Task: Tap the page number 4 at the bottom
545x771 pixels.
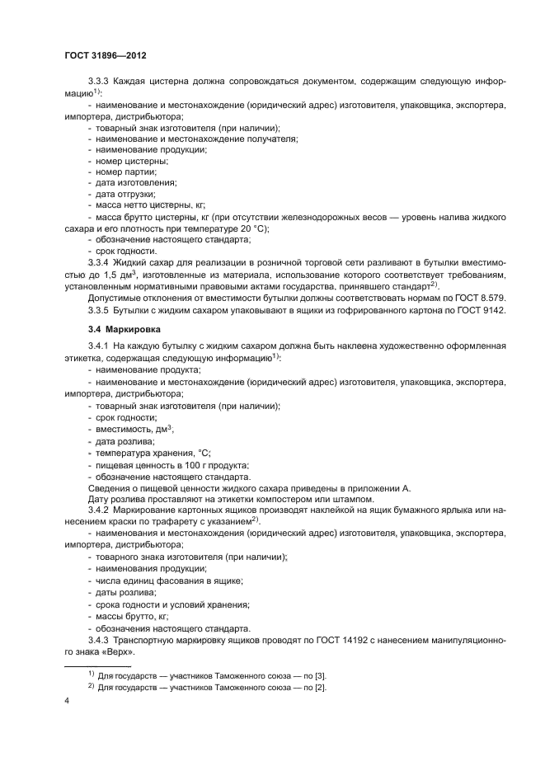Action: tap(66, 701)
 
